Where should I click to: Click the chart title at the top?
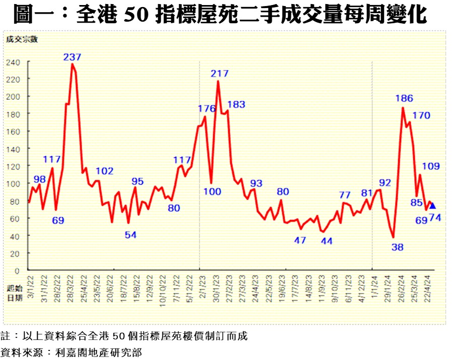tap(220, 15)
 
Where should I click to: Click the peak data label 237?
tap(72, 57)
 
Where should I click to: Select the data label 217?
tap(219, 73)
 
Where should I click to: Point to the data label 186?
tap(404, 98)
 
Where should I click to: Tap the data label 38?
tap(398, 247)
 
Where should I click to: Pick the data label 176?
tap(207, 108)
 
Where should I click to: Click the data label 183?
tap(236, 104)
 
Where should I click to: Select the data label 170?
tap(421, 115)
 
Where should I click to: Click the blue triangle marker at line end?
tap(432, 205)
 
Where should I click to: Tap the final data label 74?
tap(435, 217)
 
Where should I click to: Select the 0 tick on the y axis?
tap(17, 270)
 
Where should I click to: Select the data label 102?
tap(104, 171)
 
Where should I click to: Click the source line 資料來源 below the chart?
tap(71, 351)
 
